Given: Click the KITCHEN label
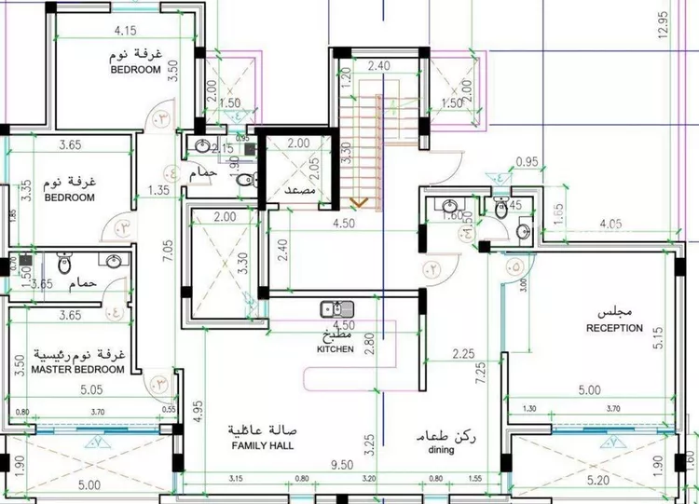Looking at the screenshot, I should [335, 349].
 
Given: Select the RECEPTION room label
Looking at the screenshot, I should [614, 328].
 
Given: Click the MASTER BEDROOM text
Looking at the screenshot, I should [77, 370].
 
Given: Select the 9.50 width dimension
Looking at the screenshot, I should [345, 463].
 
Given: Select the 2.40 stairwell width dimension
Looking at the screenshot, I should [377, 66].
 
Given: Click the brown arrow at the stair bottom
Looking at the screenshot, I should [359, 201].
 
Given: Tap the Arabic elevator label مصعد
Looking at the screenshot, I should [301, 189].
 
